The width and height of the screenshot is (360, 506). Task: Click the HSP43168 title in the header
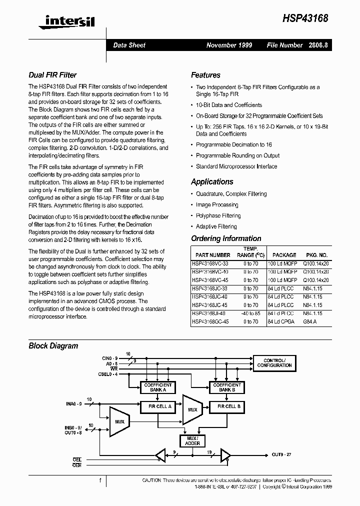point(305,18)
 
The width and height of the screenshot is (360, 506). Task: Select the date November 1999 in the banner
point(229,45)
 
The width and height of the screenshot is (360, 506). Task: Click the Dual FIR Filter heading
point(52,75)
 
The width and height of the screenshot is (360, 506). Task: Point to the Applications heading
point(212,182)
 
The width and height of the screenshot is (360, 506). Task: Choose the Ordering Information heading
point(226,238)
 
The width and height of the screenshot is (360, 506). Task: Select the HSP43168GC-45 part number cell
point(210,322)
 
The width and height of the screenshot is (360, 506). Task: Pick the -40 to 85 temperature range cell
point(250,313)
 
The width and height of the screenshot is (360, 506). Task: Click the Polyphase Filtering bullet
point(218,216)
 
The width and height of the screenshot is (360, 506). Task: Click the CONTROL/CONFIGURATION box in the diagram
point(274,363)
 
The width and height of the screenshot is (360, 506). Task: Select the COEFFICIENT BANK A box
point(158,387)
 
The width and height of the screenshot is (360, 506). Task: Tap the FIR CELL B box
point(228,406)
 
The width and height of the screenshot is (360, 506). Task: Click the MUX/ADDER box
point(192,440)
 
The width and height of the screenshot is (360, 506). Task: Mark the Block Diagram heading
point(53,345)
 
